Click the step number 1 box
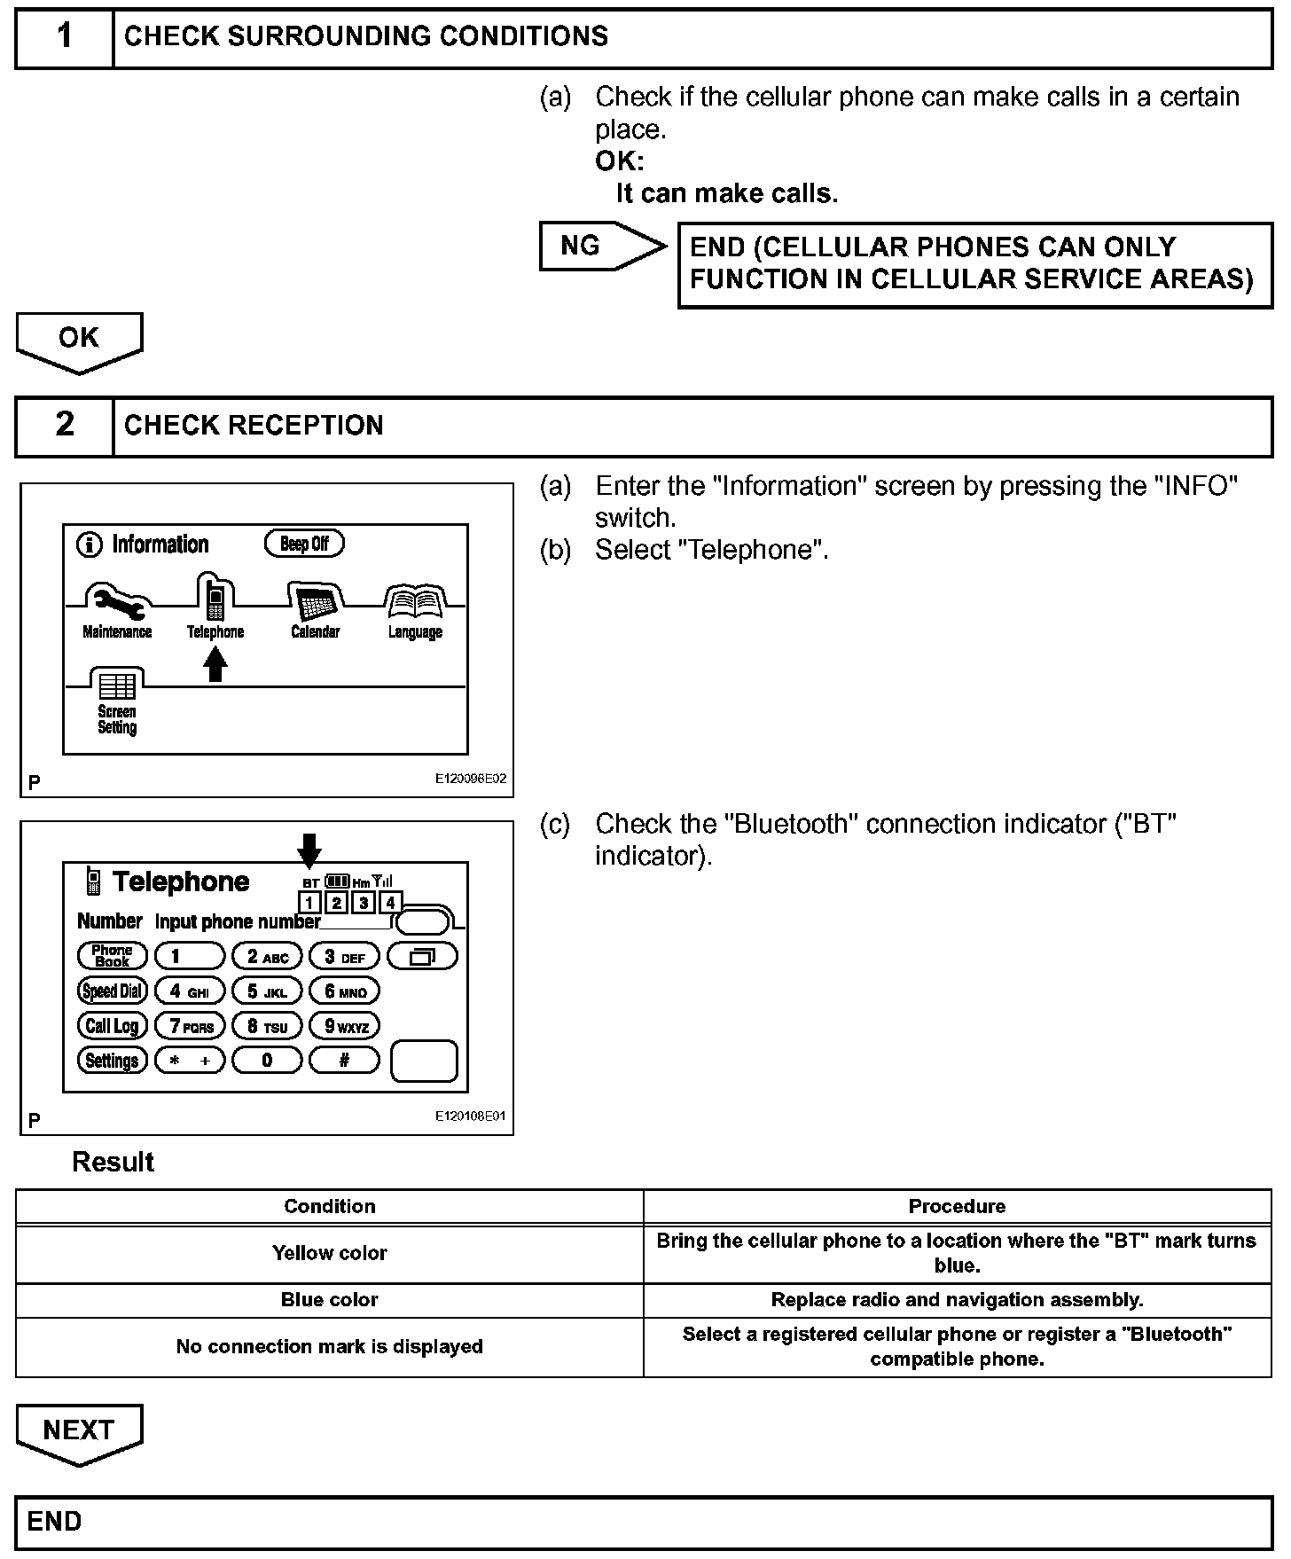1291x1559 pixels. click(x=65, y=36)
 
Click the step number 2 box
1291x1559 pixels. click(x=65, y=425)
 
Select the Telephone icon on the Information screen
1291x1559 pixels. click(x=215, y=599)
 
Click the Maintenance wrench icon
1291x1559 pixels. click(x=117, y=602)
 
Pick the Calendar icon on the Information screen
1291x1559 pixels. click(x=315, y=603)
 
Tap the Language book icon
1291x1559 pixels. click(x=415, y=603)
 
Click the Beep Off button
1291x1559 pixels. click(x=304, y=544)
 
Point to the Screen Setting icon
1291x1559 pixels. click(x=117, y=688)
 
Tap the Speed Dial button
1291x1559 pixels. click(x=112, y=991)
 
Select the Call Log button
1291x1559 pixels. click(x=112, y=1026)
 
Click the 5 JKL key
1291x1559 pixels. click(x=267, y=991)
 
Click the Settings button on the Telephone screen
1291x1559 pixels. click(x=112, y=1061)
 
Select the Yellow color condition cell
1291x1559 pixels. click(x=329, y=1253)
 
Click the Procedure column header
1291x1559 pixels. click(x=957, y=1206)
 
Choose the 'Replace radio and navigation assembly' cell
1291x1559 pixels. click(x=957, y=1300)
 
